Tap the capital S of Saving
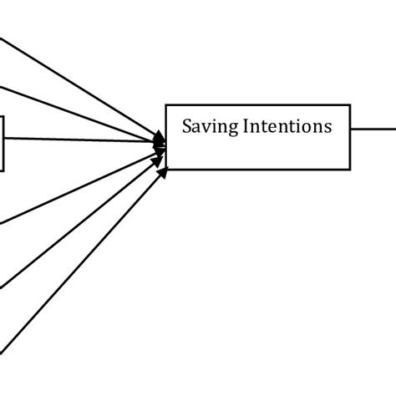187,127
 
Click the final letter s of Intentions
328,128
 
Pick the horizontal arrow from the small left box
84,140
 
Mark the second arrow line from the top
75,109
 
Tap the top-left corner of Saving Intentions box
166,104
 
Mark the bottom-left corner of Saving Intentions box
166,170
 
